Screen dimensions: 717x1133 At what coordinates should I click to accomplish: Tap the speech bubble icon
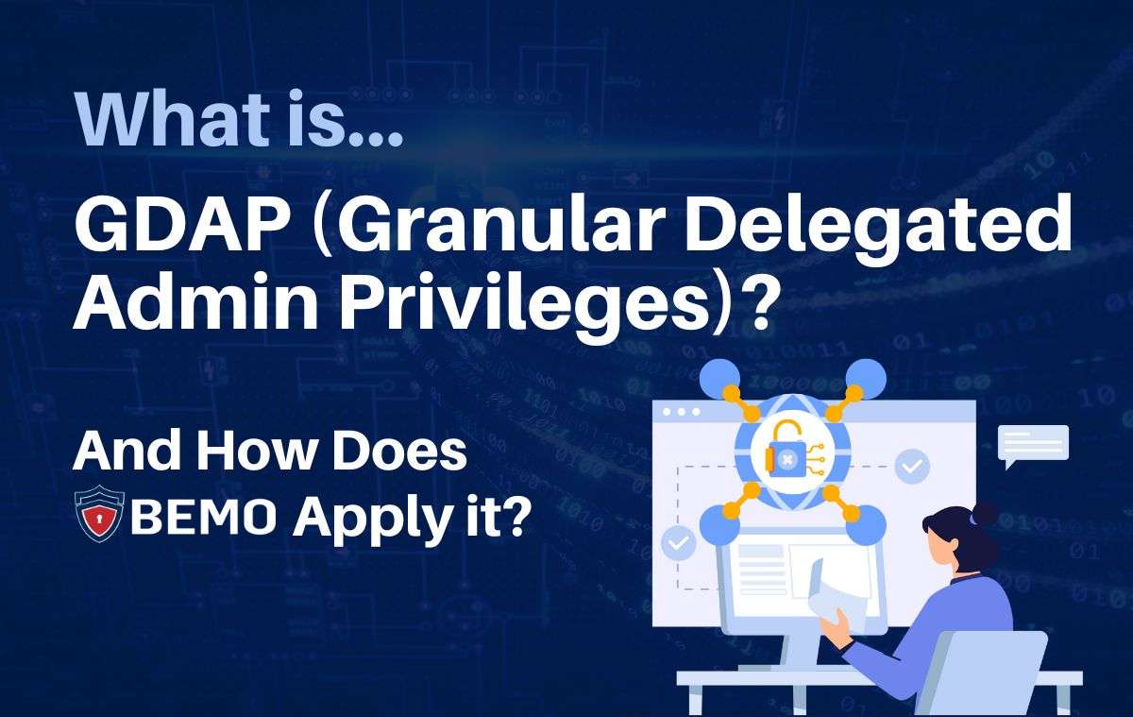tap(1033, 445)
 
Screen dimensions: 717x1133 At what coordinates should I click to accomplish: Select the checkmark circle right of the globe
tap(912, 466)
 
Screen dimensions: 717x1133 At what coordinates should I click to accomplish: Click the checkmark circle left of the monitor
tap(678, 542)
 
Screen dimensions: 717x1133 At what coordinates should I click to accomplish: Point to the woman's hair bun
tap(984, 514)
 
